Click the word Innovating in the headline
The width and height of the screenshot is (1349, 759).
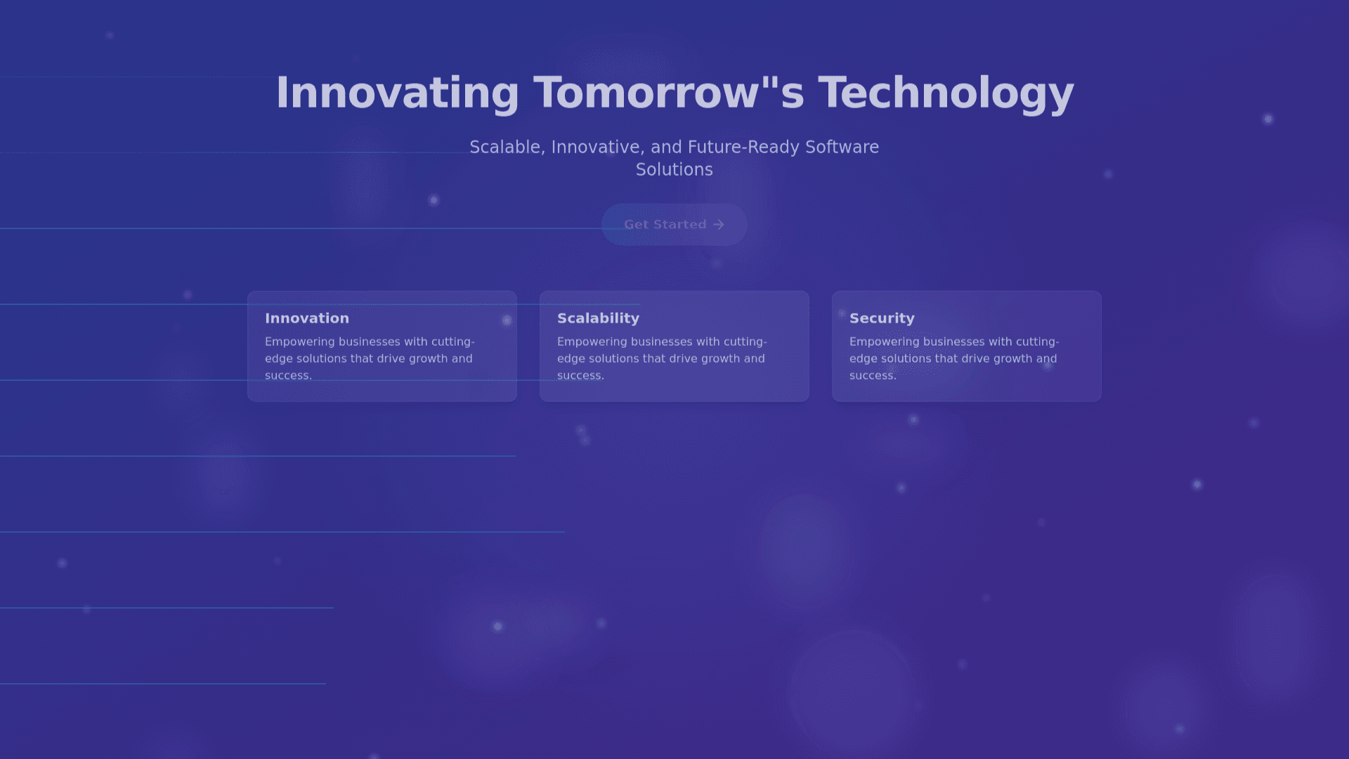click(x=398, y=93)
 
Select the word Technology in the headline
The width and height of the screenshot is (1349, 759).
click(x=946, y=93)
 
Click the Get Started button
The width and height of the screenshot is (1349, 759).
click(x=674, y=225)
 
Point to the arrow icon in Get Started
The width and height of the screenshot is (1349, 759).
click(x=719, y=225)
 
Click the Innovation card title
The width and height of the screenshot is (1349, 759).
click(x=307, y=318)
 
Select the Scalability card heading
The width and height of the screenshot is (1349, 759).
click(x=599, y=318)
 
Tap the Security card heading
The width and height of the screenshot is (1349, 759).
click(x=882, y=318)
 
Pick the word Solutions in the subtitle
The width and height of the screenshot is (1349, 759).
click(x=674, y=169)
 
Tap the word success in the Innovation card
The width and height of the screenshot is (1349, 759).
click(x=288, y=375)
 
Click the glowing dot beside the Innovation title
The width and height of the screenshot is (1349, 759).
click(x=507, y=320)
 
